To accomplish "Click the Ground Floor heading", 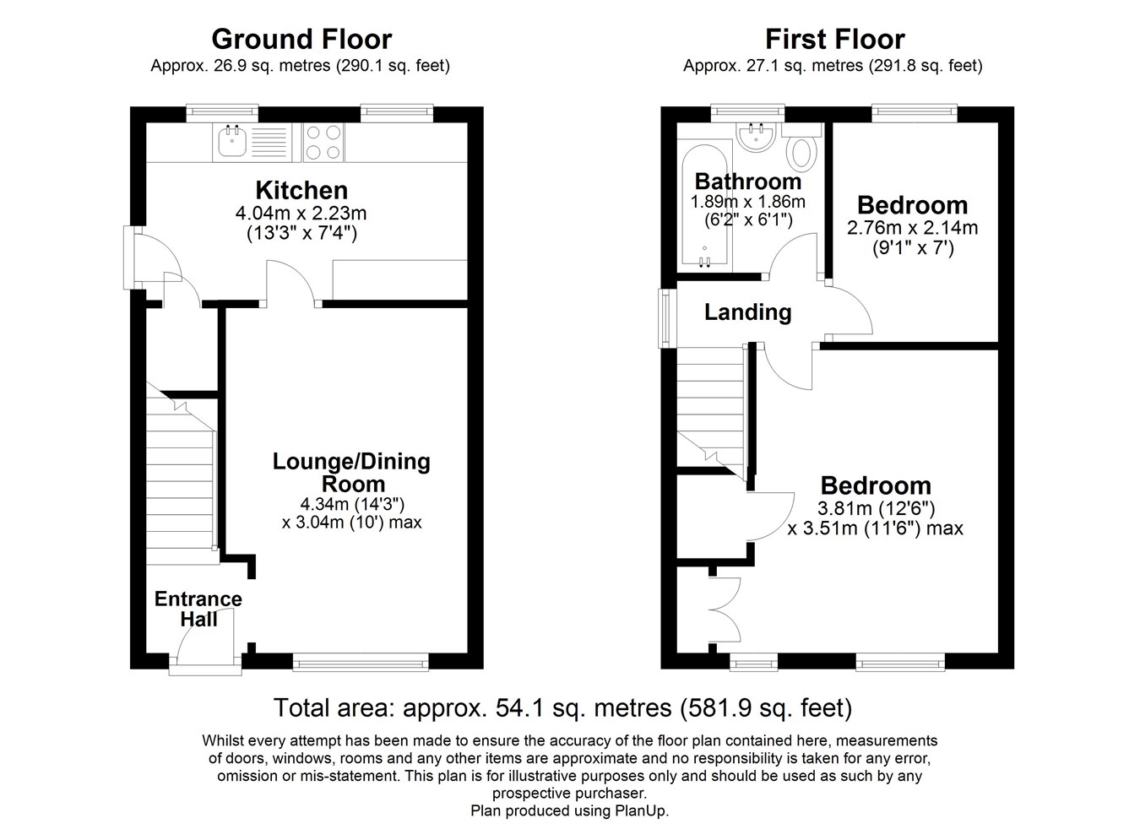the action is click(x=301, y=40).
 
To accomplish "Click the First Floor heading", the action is click(x=835, y=40).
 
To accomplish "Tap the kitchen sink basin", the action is click(x=232, y=141).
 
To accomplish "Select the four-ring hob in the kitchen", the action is click(x=323, y=143).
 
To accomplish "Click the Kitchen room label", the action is click(x=301, y=190).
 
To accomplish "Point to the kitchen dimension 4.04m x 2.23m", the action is click(x=301, y=213).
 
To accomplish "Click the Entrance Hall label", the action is click(x=198, y=610).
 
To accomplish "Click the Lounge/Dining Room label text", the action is click(x=351, y=472).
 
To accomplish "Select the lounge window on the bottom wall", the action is click(x=361, y=662).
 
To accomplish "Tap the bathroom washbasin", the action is click(x=756, y=137).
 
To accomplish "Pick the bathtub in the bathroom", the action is click(x=704, y=206).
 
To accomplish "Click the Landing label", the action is click(x=747, y=312).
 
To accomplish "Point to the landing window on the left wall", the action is click(x=664, y=318).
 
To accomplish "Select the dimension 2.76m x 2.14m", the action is click(x=912, y=227).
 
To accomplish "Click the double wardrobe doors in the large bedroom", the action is click(x=725, y=610).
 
